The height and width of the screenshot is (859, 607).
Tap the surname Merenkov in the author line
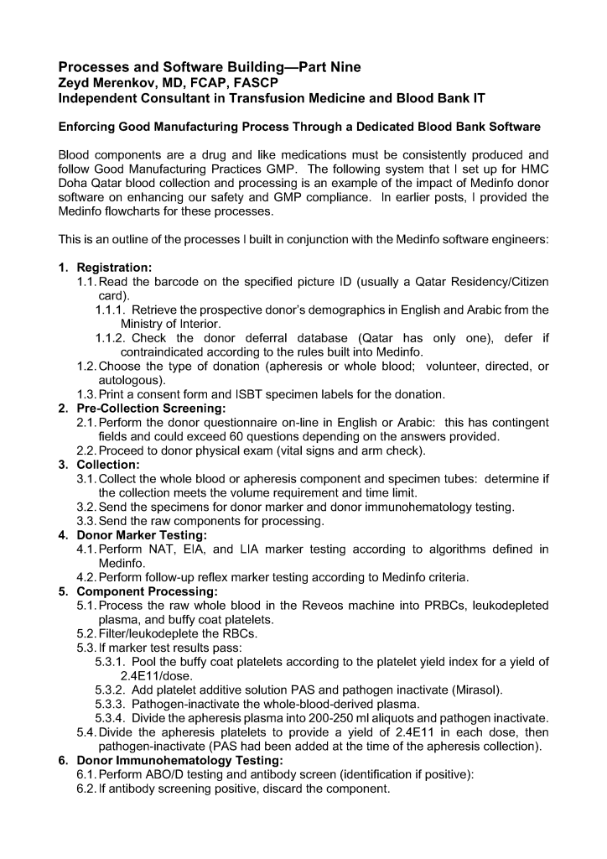click(x=128, y=82)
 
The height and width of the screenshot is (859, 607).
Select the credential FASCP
click(x=254, y=82)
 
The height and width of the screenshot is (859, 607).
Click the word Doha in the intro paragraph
click(x=74, y=184)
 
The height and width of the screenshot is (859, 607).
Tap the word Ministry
click(x=144, y=324)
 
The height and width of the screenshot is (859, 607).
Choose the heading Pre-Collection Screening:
click(x=147, y=409)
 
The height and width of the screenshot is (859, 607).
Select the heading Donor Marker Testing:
click(x=142, y=535)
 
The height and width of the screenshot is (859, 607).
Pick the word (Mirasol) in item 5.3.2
click(x=477, y=690)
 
